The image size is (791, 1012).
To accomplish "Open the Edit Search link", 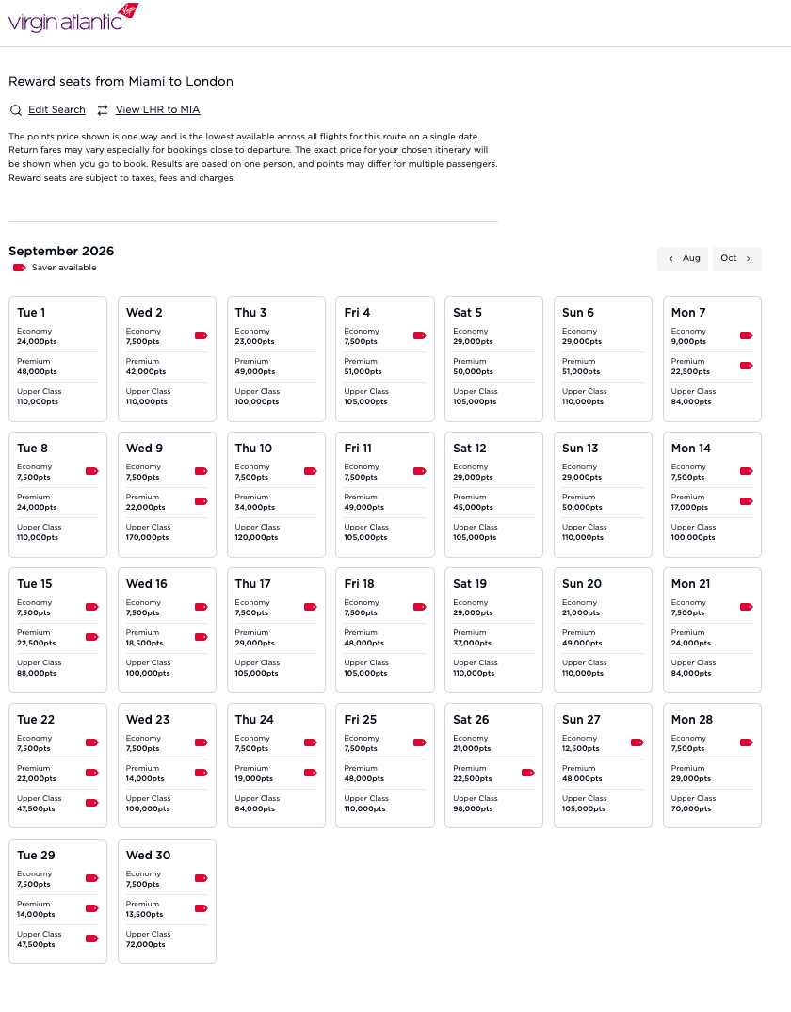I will point(56,110).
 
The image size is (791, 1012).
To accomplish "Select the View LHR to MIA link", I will point(157,110).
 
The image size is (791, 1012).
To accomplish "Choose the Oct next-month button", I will point(736,258).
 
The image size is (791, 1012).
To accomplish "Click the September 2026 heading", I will point(61,251).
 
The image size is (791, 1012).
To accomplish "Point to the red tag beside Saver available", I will point(19,268).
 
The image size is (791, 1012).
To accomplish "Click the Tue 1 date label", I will point(31,313).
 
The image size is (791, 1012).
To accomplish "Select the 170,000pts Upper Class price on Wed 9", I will point(147,538).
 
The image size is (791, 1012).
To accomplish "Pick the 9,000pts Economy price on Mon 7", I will point(688,342).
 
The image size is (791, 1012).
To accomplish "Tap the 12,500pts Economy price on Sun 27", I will point(581,749).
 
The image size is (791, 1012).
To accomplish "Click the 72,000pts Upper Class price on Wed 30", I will point(145,945).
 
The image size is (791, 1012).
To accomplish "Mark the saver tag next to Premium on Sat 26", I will point(528,773).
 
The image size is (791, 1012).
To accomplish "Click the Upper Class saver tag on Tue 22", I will point(92,803).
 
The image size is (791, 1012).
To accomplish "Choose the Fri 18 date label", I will point(359,584).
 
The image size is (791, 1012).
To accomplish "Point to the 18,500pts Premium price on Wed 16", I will point(145,644).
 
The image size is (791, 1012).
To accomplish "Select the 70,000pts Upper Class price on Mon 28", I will point(691,809).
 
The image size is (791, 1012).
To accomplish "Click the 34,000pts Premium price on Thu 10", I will point(254,508).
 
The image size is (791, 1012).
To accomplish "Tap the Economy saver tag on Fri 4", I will point(420,335).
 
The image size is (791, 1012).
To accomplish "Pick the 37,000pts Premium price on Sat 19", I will point(473,644).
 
